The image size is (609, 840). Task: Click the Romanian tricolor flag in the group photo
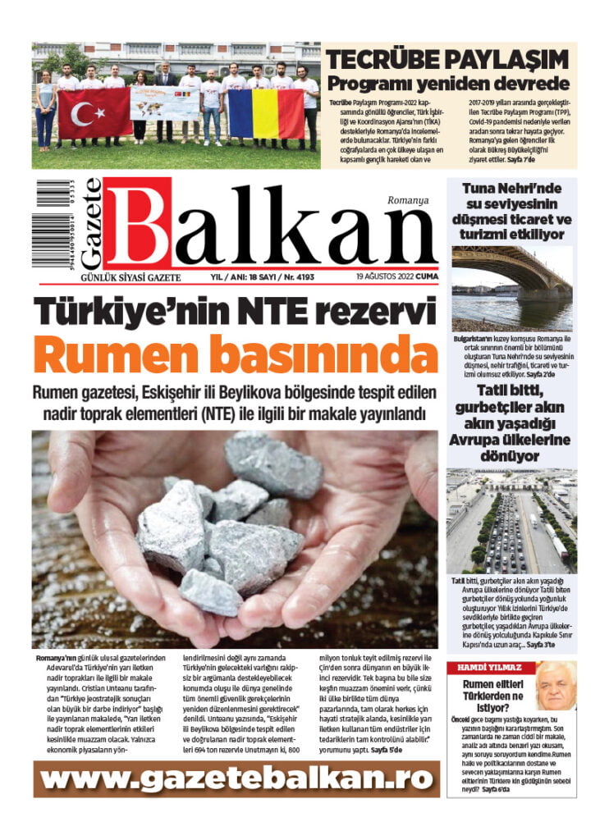pyautogui.click(x=265, y=114)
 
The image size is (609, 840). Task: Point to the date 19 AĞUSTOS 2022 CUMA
pyautogui.click(x=396, y=277)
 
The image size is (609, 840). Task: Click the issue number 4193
pyautogui.click(x=302, y=277)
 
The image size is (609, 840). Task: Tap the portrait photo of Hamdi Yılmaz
pyautogui.click(x=555, y=686)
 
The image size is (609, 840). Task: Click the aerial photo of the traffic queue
pyautogui.click(x=511, y=520)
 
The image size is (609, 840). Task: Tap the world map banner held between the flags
pyautogui.click(x=165, y=104)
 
